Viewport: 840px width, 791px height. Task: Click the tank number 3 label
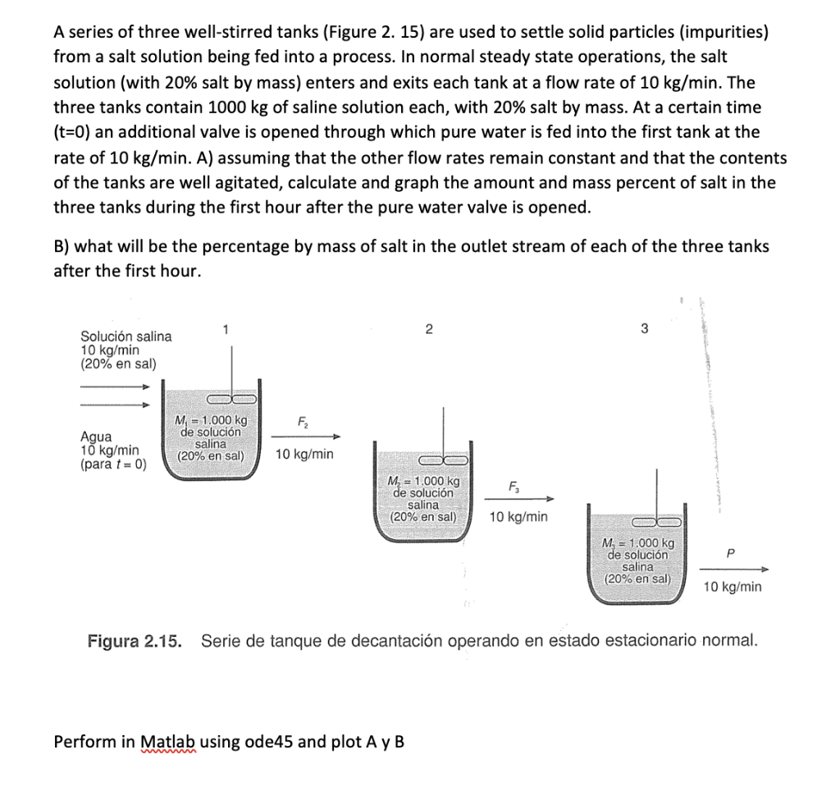click(x=644, y=329)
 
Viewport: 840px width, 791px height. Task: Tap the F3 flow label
click(x=514, y=487)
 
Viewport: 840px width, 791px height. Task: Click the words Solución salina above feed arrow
click(x=126, y=336)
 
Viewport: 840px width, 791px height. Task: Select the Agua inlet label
click(x=96, y=437)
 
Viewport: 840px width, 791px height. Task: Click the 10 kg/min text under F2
click(x=304, y=454)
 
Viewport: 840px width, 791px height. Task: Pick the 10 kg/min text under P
click(x=732, y=586)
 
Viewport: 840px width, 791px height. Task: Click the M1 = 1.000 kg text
click(x=212, y=421)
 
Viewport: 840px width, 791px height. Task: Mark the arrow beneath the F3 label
click(x=522, y=499)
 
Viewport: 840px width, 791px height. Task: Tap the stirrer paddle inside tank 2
click(x=444, y=460)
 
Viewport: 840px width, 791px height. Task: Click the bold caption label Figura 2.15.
click(x=135, y=640)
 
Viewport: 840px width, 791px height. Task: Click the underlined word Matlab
click(x=169, y=742)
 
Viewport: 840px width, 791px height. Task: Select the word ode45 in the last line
click(x=272, y=742)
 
